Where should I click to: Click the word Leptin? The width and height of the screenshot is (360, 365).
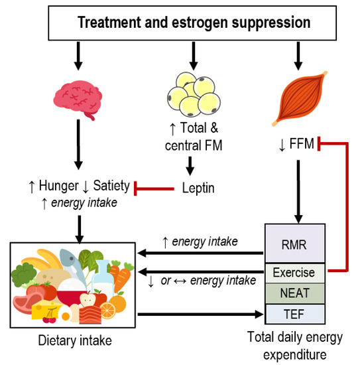point(198,188)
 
